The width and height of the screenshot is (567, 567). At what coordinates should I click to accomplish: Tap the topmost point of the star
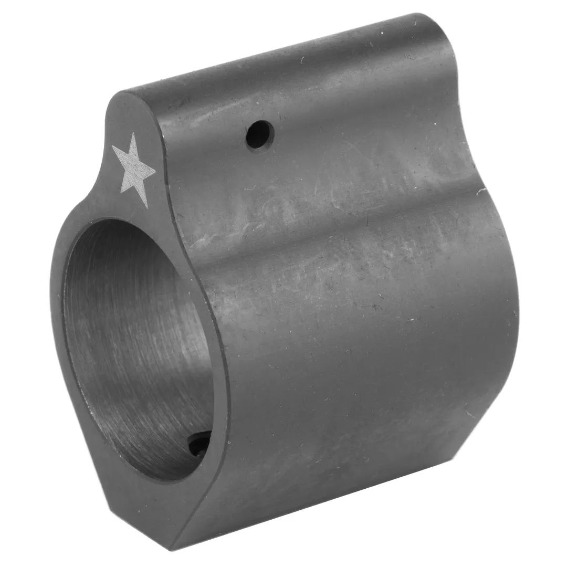[x=134, y=133]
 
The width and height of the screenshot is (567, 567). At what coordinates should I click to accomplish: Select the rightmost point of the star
[x=156, y=172]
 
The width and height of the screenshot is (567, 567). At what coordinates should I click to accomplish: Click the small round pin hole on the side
[x=260, y=134]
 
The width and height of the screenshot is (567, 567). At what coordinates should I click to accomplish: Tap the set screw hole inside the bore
[x=199, y=444]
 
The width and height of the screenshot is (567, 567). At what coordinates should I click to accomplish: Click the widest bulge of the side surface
[x=367, y=325]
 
